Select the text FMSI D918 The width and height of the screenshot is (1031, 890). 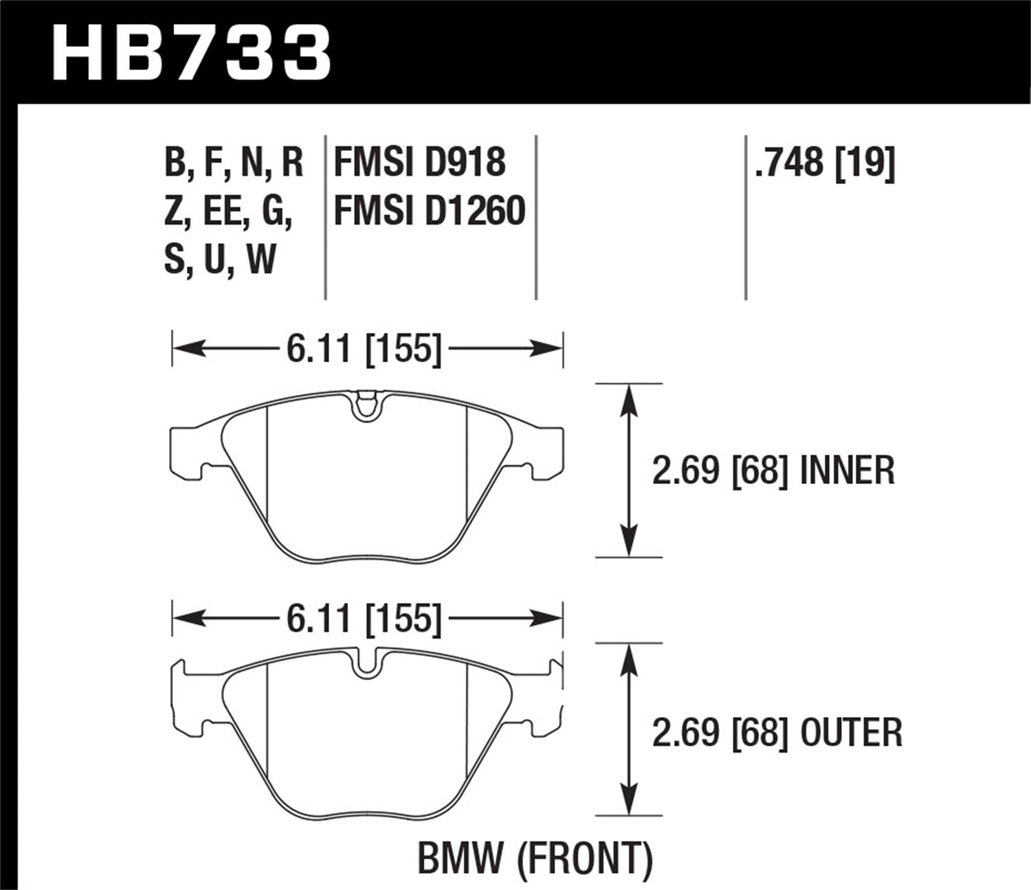point(419,163)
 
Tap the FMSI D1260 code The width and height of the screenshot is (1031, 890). point(430,210)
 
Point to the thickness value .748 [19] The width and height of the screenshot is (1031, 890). point(825,163)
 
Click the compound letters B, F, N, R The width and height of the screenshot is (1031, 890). point(234,163)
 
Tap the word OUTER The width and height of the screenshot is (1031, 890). point(851,732)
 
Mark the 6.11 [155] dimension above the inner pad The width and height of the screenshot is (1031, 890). point(363,350)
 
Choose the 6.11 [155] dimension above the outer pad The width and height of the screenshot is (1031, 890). point(363,619)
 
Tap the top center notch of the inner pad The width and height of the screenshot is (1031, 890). point(366,406)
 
